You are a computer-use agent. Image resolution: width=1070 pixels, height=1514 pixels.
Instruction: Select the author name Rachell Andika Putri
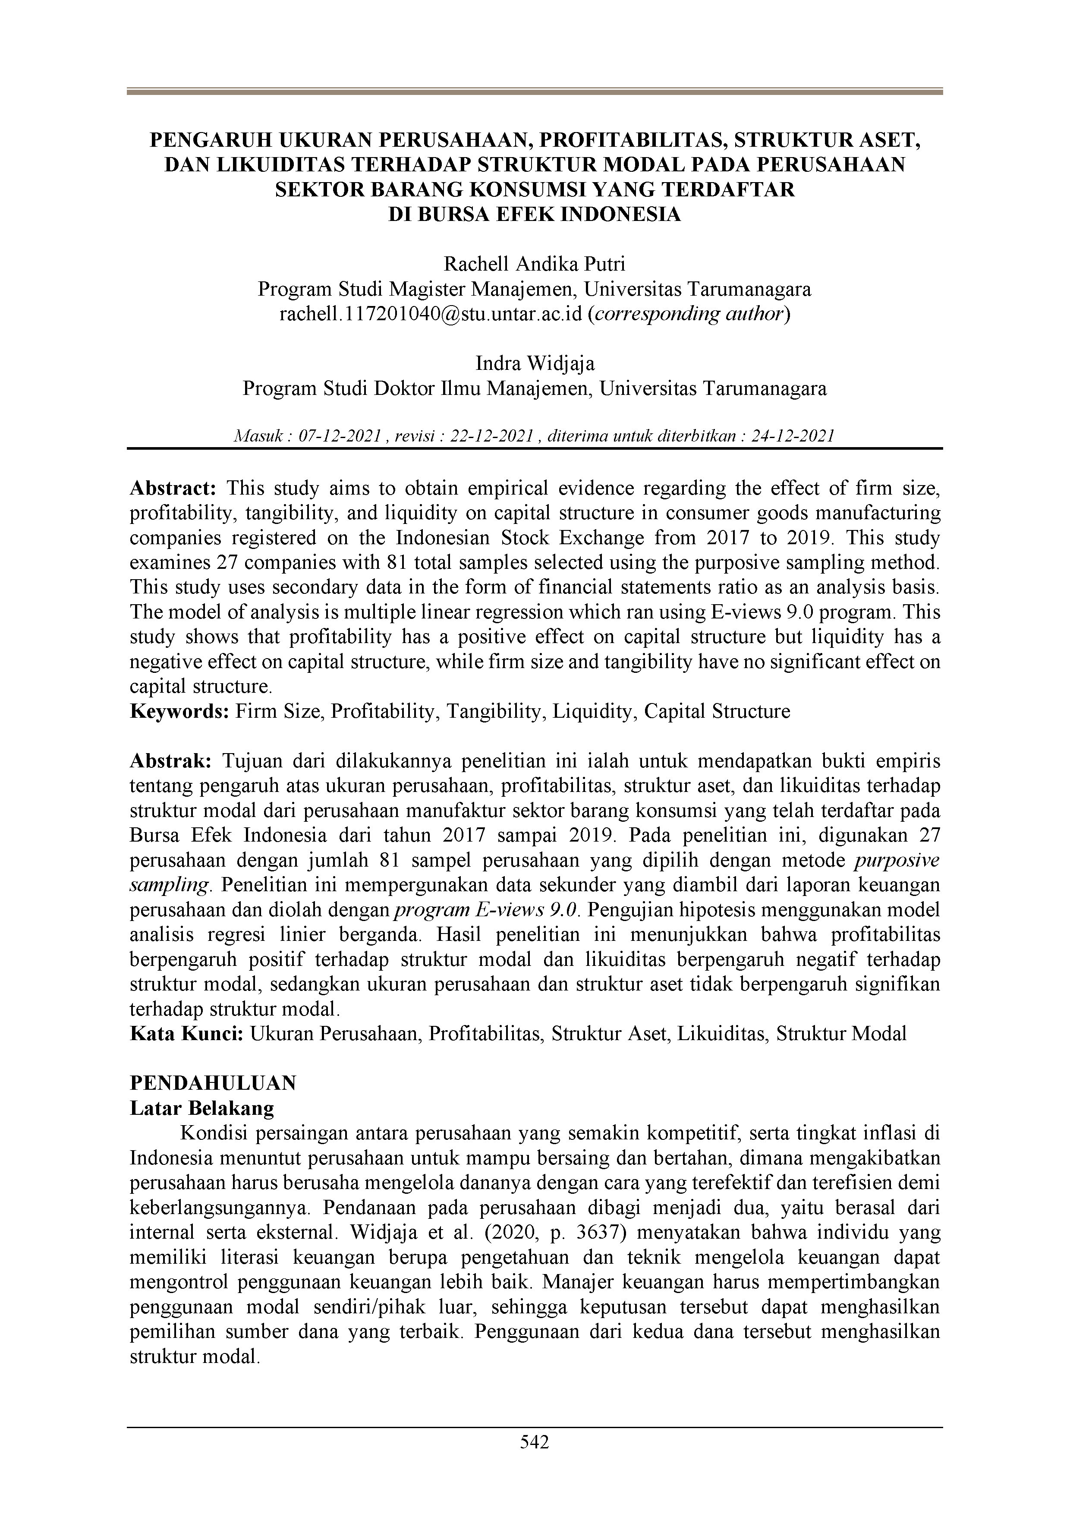point(535,265)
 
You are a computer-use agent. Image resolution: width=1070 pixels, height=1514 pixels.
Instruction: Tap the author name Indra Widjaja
point(535,363)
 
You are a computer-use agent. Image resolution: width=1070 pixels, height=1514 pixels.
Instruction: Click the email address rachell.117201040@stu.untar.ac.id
point(431,314)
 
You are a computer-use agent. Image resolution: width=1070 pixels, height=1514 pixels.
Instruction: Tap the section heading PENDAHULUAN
point(213,1083)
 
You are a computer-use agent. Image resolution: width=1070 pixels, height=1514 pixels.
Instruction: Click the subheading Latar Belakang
point(202,1108)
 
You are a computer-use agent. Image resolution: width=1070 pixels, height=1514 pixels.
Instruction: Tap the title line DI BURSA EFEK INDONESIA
point(535,215)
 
